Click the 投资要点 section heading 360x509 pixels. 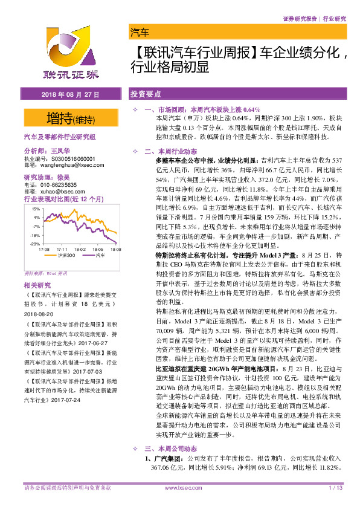point(146,96)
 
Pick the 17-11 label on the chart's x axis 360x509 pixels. point(62,248)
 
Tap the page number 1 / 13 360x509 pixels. point(335,488)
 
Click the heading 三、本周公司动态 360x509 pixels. point(172,449)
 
